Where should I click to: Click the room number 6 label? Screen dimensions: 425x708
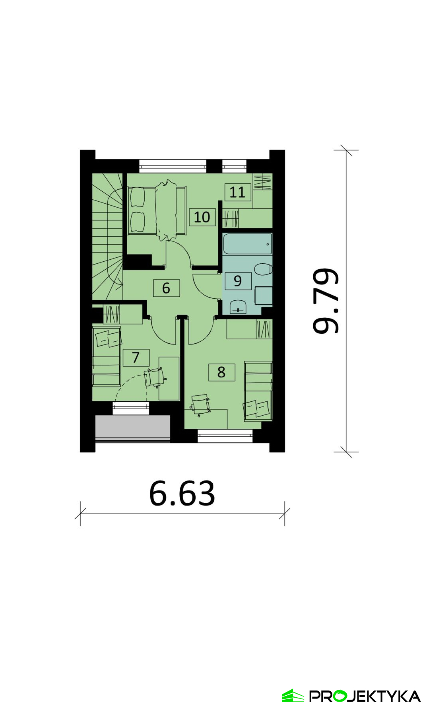coord(167,288)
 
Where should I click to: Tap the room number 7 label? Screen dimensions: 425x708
coord(136,357)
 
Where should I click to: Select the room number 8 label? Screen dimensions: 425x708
coord(221,372)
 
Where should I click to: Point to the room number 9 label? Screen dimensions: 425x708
coord(238,281)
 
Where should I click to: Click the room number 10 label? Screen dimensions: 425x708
coord(202,217)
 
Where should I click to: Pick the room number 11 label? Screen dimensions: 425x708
coord(238,192)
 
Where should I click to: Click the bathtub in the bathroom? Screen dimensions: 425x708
coord(248,244)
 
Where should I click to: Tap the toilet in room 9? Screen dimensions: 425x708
coord(263,269)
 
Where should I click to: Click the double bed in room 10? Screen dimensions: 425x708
coord(157,211)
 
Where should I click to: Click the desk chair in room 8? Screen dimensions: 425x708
coord(200,404)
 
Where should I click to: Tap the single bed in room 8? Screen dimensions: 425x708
coord(258,391)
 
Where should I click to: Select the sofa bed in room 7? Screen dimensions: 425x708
coord(107,356)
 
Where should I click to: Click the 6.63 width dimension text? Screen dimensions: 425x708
coord(182,494)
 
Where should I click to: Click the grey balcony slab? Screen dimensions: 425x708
coord(133,427)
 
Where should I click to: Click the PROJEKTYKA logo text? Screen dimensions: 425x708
coord(365,696)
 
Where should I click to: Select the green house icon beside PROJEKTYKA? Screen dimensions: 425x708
coord(293,696)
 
